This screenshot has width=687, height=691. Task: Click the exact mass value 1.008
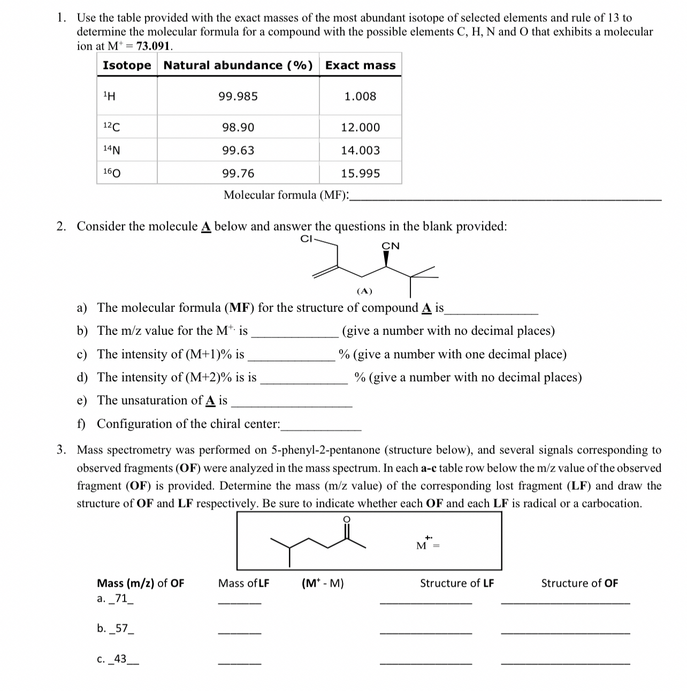(360, 96)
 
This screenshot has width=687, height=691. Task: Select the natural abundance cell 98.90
(238, 127)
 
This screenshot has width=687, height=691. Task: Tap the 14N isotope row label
(111, 150)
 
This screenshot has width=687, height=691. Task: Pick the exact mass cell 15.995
(360, 173)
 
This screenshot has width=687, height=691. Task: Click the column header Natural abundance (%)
(238, 65)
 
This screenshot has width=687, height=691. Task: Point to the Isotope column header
(127, 65)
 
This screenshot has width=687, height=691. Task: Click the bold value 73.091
(154, 46)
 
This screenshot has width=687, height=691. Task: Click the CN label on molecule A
(390, 246)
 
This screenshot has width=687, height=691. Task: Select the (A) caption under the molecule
(364, 291)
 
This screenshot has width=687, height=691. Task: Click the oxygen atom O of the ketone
(346, 519)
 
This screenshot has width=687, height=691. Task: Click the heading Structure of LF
(457, 583)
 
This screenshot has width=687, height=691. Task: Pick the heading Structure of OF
(579, 583)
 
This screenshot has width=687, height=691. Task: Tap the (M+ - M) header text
(323, 583)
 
